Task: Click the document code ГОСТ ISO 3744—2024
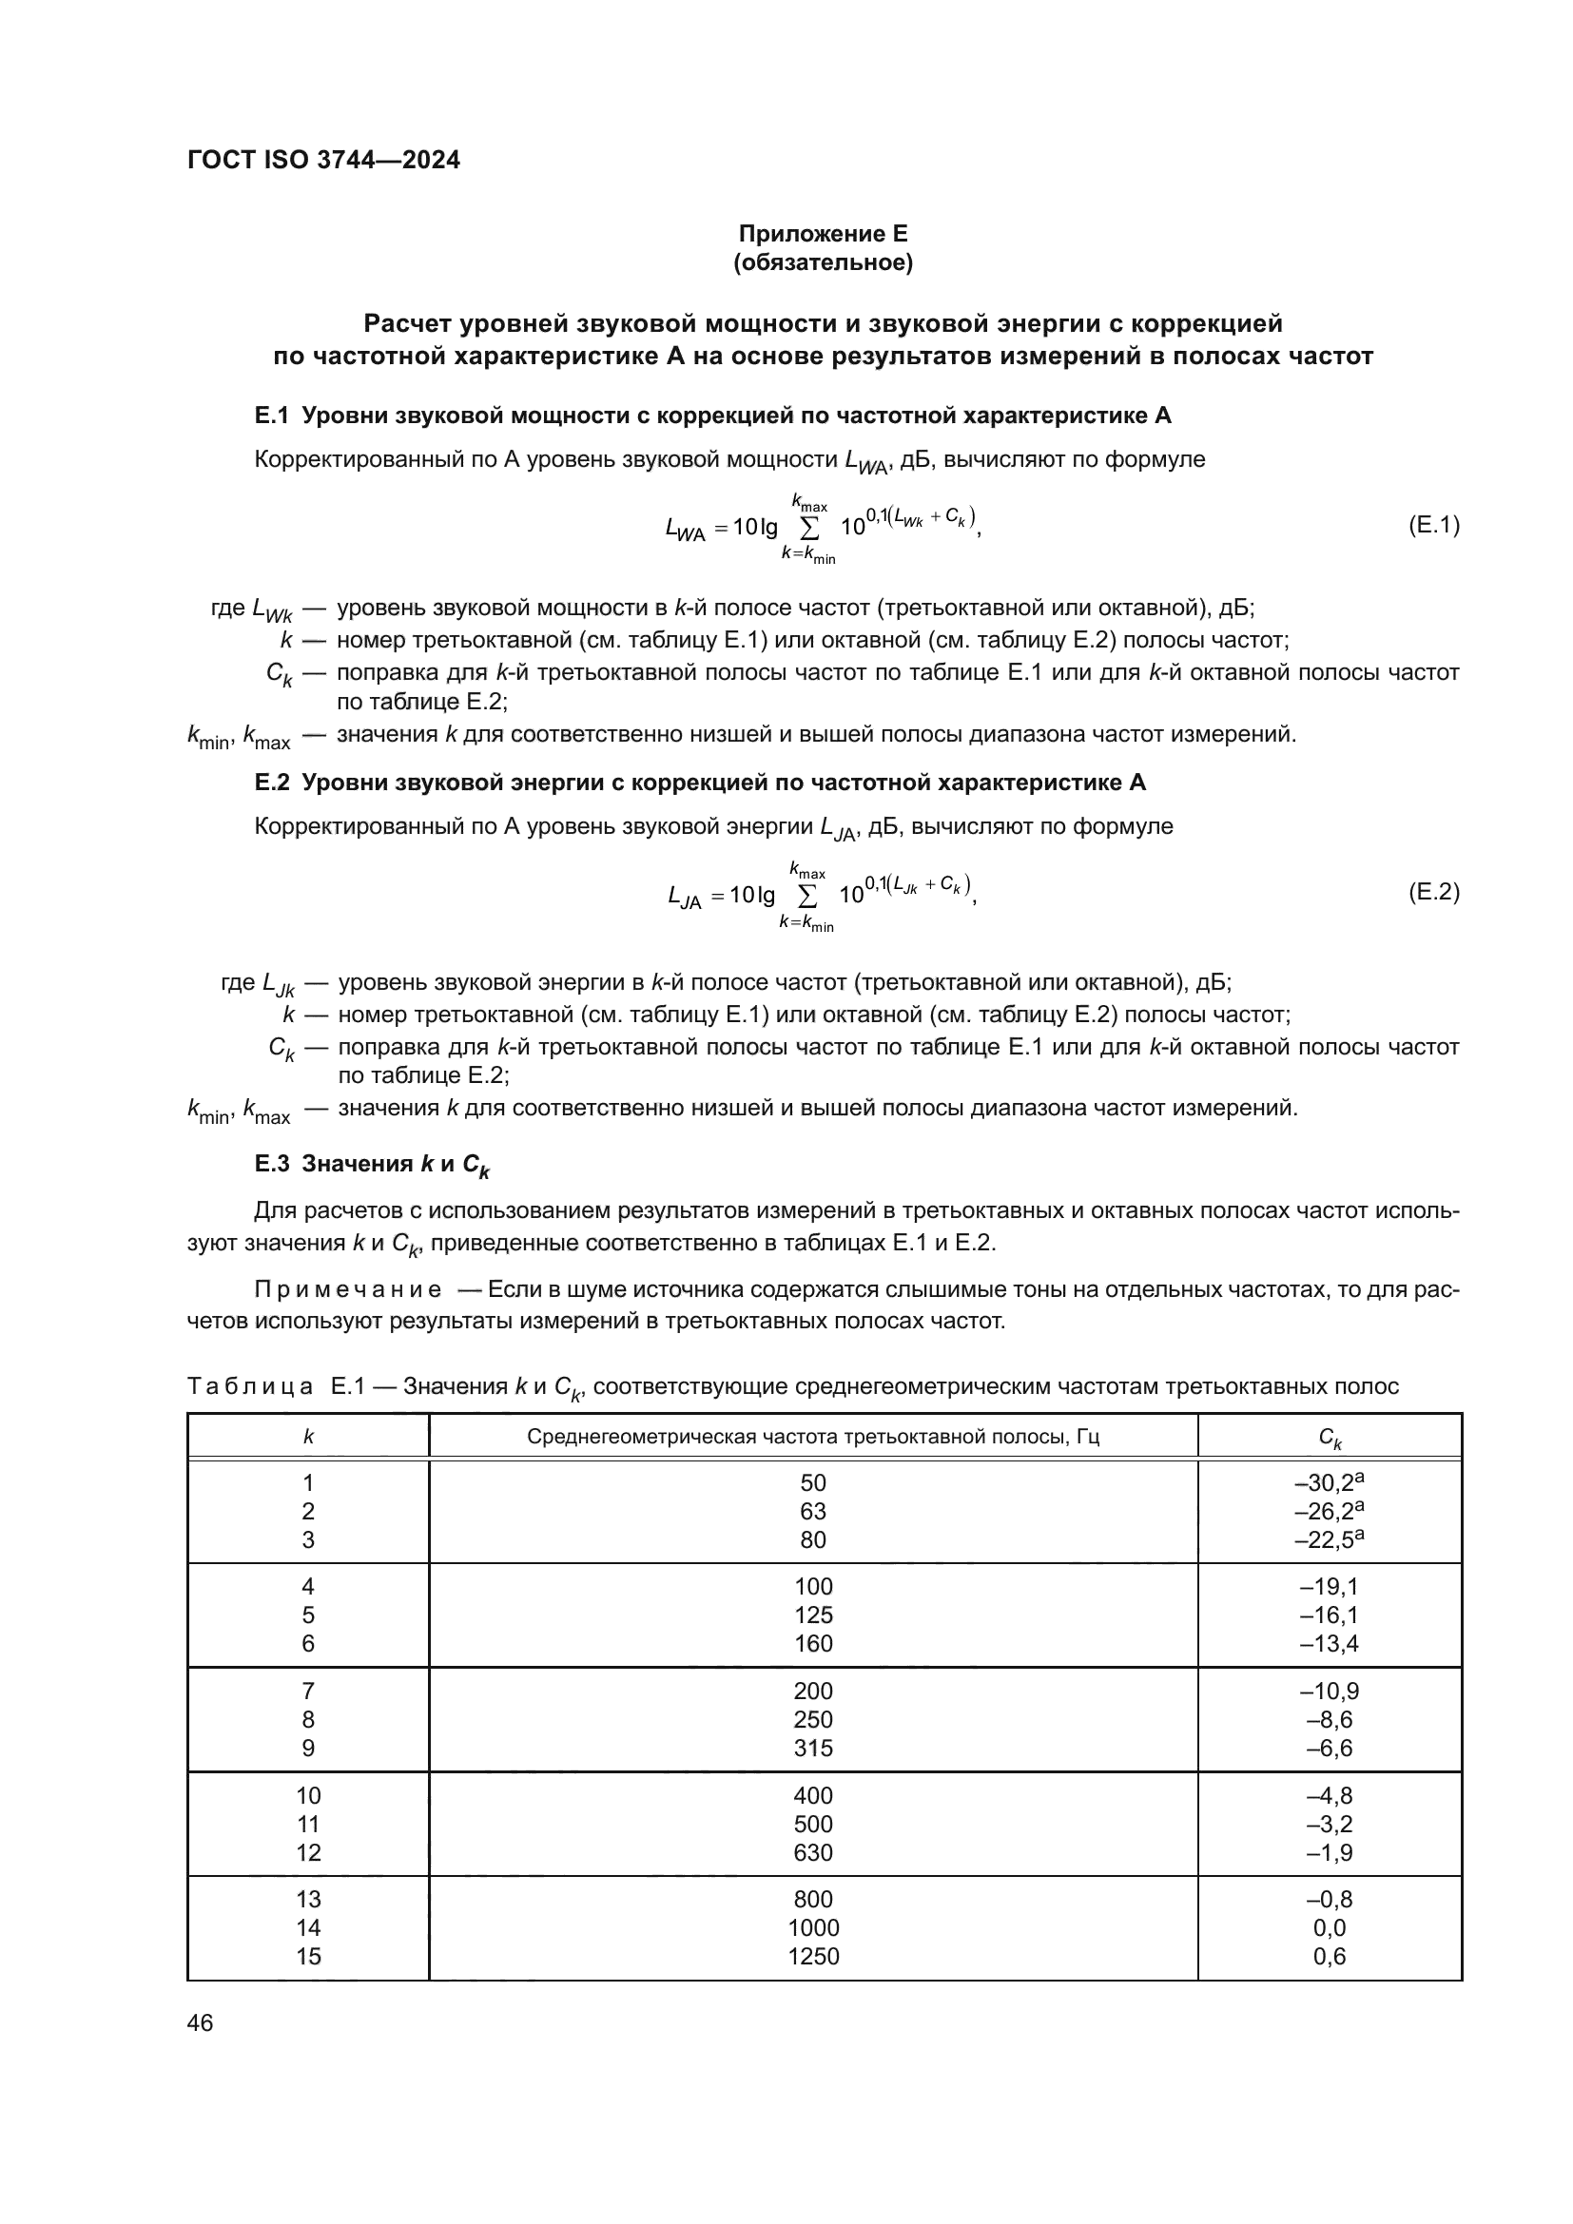(x=323, y=160)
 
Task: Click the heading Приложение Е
(x=823, y=234)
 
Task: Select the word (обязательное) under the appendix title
(x=823, y=262)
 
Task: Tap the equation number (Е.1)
(x=1432, y=525)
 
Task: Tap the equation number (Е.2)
(x=1432, y=892)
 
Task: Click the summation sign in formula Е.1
(x=808, y=528)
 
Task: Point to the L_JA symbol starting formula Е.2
(x=685, y=897)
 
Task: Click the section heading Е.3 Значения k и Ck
(x=372, y=1166)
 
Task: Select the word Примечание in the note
(x=348, y=1290)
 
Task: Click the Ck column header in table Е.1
(x=1329, y=1438)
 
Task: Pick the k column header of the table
(x=308, y=1437)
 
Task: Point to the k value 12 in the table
(x=308, y=1853)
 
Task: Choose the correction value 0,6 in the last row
(x=1329, y=1956)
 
